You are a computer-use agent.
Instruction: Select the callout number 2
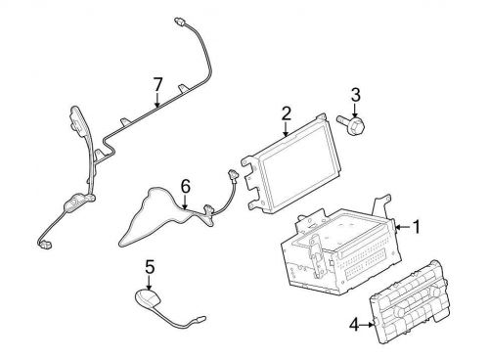click(x=286, y=114)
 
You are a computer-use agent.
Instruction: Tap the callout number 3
click(x=356, y=94)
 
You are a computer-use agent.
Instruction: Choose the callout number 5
click(x=150, y=265)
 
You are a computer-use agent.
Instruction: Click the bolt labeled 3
click(x=353, y=124)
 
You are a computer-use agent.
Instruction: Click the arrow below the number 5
click(x=150, y=282)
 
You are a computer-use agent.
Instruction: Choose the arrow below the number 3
click(x=356, y=110)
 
